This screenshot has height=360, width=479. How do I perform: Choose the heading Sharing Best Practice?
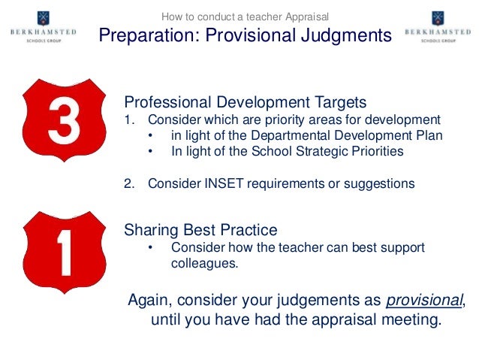click(200, 230)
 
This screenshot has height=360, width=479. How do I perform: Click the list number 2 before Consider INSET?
click(128, 183)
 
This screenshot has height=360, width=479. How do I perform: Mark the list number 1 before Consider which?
click(128, 119)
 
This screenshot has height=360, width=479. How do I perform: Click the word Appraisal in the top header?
click(303, 17)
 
